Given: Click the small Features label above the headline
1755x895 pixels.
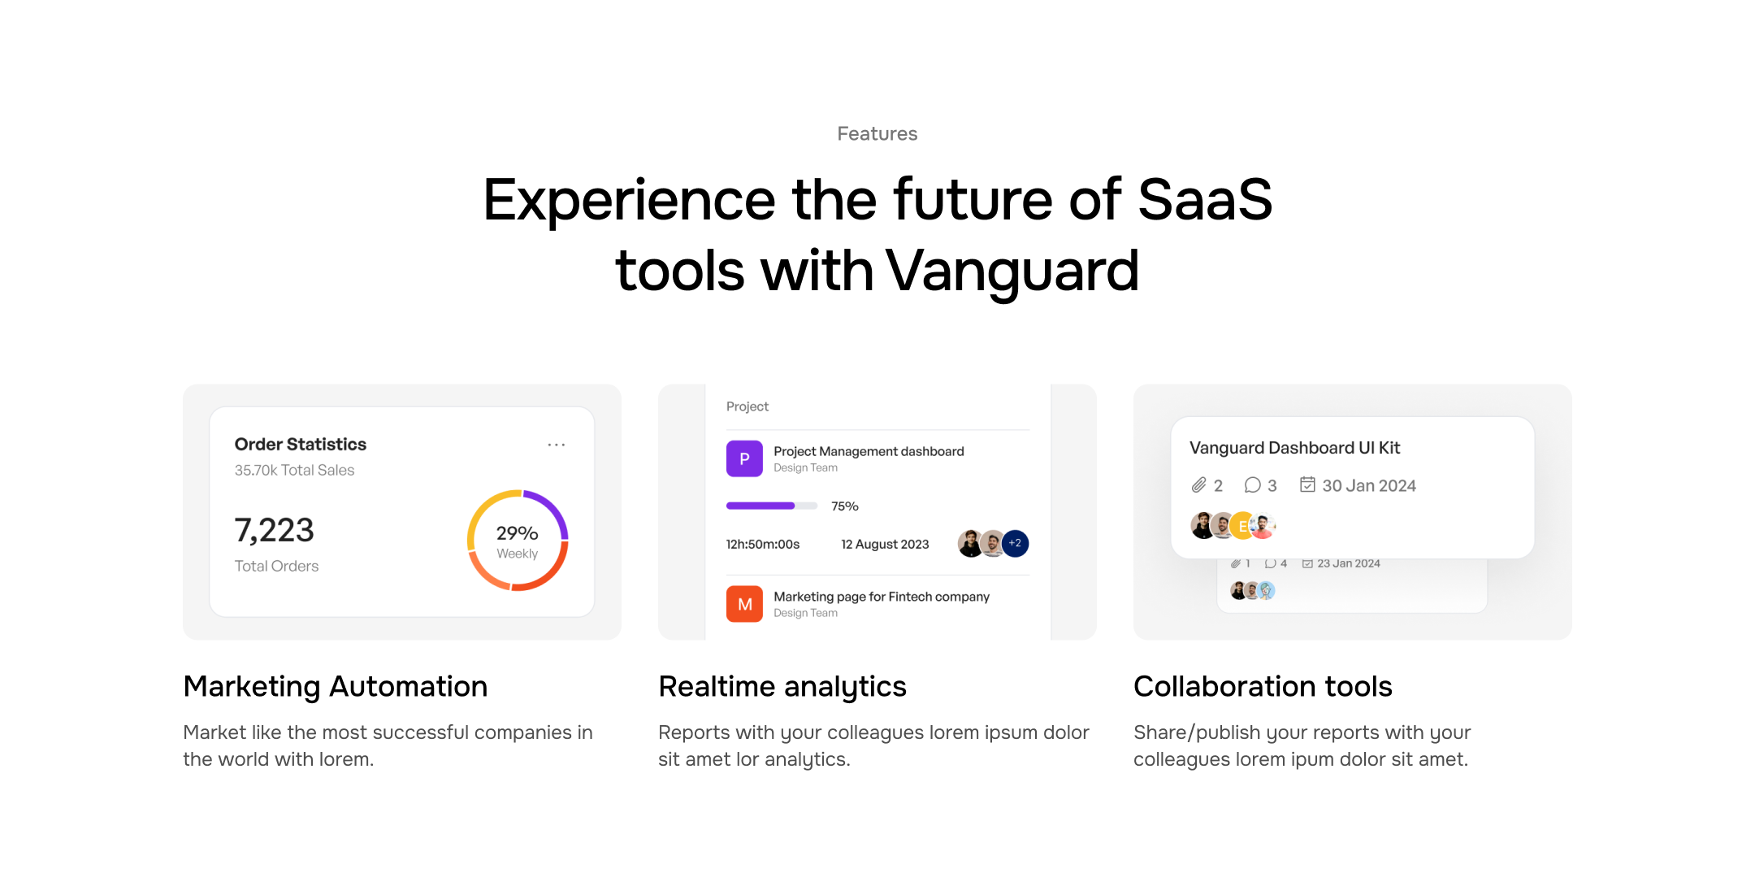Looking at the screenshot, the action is [x=877, y=133].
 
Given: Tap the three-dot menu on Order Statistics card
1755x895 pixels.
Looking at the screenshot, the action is [x=557, y=445].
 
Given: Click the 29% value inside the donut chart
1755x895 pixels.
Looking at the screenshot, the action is [x=518, y=532].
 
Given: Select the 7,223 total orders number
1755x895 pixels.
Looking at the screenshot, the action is [x=274, y=530].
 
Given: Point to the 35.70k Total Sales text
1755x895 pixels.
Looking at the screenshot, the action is [x=294, y=470].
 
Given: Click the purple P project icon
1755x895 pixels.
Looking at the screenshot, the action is [x=744, y=458].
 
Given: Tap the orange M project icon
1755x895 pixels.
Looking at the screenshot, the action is [x=744, y=604].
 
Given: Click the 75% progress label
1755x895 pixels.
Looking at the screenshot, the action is [x=845, y=506].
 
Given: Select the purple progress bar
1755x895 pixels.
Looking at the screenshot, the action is [x=760, y=506].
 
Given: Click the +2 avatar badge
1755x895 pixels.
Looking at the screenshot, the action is [x=1015, y=543].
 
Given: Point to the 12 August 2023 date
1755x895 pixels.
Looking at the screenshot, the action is [x=885, y=544].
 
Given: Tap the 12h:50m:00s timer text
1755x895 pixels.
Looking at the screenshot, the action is [x=763, y=544].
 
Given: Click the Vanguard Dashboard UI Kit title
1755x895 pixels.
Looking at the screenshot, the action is [x=1294, y=448].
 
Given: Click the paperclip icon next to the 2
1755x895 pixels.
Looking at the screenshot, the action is [x=1198, y=485].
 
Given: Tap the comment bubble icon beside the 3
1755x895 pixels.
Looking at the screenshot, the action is [x=1252, y=485].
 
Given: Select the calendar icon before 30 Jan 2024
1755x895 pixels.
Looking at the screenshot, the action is [x=1307, y=484].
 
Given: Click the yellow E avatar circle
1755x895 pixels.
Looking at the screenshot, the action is [x=1242, y=526].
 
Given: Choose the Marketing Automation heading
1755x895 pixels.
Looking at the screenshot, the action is [x=336, y=686].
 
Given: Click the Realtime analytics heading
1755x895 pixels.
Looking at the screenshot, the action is [x=782, y=686].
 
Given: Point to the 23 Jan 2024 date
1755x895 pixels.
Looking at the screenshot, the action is [x=1349, y=563].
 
